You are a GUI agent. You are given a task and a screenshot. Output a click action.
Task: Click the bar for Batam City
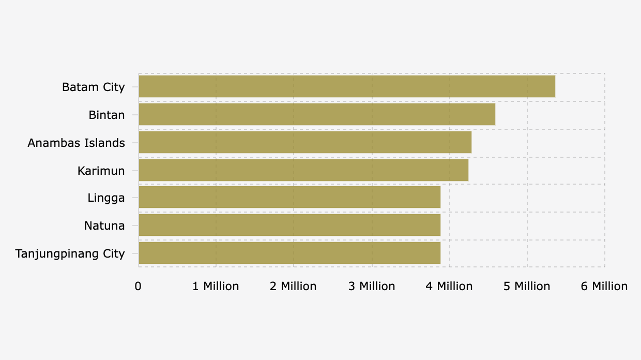(347, 86)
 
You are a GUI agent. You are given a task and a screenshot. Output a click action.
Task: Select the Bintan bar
(317, 114)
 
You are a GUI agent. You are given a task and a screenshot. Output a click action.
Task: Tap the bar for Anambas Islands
(305, 142)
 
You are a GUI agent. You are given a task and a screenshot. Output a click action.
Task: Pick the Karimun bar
(303, 170)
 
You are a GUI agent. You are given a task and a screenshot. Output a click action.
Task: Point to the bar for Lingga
(289, 197)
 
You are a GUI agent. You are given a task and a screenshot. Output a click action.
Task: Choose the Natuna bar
(289, 225)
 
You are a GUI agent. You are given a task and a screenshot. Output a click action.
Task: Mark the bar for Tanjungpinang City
(289, 253)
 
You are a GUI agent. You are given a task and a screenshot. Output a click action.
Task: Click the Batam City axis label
(94, 87)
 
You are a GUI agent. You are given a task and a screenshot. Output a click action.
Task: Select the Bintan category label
(106, 115)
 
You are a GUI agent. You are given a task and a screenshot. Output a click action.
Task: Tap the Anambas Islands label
(76, 143)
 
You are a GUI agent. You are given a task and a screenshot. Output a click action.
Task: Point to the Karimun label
(101, 171)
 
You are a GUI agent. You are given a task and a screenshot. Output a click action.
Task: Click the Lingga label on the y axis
(106, 198)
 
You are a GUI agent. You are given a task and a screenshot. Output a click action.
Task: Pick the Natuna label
(104, 226)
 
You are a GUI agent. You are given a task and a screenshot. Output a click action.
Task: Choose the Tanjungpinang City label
(70, 253)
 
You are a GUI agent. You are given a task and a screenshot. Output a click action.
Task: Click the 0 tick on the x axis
(138, 286)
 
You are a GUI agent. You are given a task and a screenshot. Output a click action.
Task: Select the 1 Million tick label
(216, 286)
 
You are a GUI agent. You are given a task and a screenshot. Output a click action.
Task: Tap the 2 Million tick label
(293, 286)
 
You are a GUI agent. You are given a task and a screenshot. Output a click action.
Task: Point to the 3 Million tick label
(371, 286)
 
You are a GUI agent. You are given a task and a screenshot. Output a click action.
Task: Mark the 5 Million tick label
(527, 286)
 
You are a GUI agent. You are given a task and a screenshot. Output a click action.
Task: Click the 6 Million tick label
(604, 286)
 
